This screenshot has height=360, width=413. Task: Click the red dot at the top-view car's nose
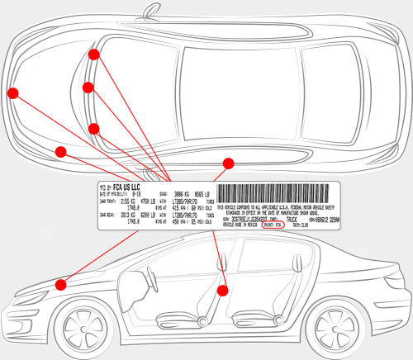(x=13, y=92)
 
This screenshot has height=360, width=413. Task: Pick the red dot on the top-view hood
(x=60, y=151)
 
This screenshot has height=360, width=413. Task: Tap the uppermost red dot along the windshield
(x=93, y=54)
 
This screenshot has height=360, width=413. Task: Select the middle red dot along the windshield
(x=88, y=87)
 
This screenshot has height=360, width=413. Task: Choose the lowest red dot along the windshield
(x=93, y=128)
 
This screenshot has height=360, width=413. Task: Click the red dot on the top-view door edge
(x=229, y=163)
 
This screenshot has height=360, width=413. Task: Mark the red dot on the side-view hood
(x=60, y=284)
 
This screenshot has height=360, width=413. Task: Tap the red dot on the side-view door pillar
(x=221, y=290)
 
